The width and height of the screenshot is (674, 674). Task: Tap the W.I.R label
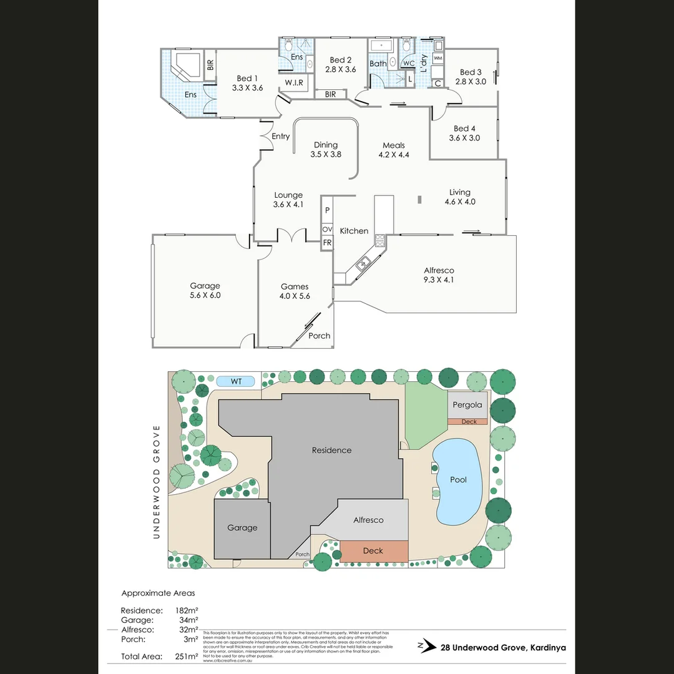(x=294, y=83)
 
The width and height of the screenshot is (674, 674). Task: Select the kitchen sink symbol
(x=363, y=265)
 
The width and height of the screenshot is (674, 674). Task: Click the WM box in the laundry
(x=438, y=58)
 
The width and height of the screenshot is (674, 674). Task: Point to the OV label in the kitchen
(x=327, y=230)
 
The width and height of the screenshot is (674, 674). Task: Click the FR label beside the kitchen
(x=327, y=243)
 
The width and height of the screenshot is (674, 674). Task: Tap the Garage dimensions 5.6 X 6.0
(x=205, y=295)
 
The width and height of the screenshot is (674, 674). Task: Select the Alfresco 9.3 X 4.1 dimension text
(x=439, y=280)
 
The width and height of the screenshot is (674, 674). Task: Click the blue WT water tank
(x=236, y=381)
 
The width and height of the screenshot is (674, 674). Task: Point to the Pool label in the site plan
(x=459, y=480)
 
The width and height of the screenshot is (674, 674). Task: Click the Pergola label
(x=467, y=404)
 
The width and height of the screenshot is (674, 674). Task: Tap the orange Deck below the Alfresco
(x=373, y=551)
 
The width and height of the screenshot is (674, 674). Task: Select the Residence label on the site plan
(x=332, y=450)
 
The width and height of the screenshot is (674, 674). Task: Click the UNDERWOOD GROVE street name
(x=157, y=482)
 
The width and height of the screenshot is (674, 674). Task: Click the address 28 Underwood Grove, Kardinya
(x=503, y=648)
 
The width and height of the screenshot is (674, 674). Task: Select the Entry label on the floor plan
(x=281, y=136)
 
